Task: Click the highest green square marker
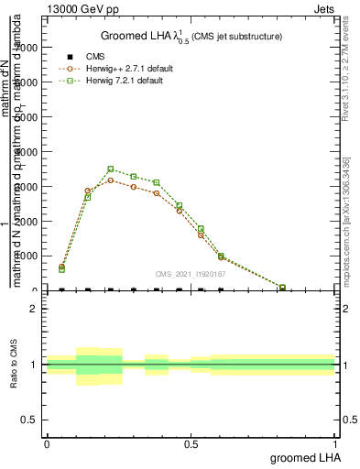click(111, 169)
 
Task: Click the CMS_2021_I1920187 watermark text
click(191, 274)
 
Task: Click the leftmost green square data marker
click(61, 269)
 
